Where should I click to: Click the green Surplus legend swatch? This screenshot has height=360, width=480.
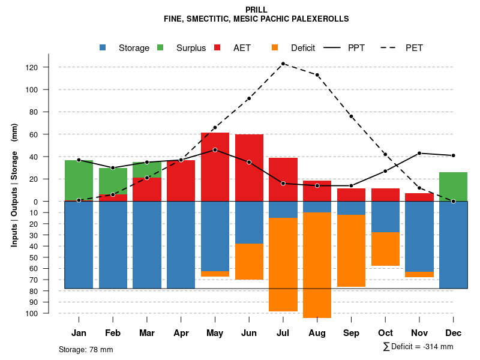point(160,47)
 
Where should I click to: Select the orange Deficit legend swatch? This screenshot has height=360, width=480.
point(275,47)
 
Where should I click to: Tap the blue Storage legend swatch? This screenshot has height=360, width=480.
point(103,47)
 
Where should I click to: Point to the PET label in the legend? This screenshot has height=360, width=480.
point(414,47)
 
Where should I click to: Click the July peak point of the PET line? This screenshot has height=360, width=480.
point(283,64)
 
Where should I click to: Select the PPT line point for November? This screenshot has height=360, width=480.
point(419,153)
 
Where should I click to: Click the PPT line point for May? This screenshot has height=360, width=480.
point(215,149)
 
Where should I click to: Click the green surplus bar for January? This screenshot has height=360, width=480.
point(79,180)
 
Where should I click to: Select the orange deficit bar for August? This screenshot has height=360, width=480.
point(317,265)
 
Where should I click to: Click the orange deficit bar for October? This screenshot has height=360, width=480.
point(385,249)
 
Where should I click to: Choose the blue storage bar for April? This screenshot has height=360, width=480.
point(181,245)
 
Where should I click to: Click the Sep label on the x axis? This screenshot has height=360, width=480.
point(351,333)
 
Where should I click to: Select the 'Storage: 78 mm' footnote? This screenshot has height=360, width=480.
point(86,349)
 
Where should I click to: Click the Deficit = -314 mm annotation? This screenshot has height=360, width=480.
point(418,347)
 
